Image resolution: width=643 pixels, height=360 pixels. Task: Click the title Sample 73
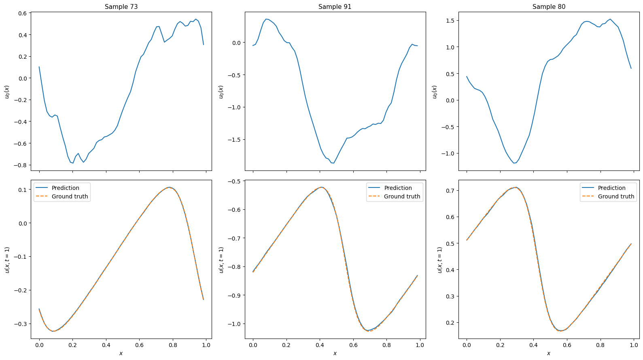[121, 6]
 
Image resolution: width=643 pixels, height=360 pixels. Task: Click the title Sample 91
[335, 6]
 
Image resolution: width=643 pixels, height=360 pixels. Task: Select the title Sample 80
[549, 6]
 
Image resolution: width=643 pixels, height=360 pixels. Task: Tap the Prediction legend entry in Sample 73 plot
[65, 188]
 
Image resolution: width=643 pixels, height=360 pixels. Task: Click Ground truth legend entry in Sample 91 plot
[402, 196]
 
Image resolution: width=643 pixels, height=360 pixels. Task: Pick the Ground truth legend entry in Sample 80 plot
[616, 196]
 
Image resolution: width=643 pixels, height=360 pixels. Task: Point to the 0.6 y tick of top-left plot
[22, 13]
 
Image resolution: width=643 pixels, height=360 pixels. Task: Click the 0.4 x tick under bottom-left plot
[106, 345]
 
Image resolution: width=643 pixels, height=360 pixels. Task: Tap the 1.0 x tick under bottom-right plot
[634, 345]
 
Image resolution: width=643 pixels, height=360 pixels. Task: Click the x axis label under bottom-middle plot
[335, 353]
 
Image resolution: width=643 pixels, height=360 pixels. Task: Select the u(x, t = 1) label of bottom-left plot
[7, 260]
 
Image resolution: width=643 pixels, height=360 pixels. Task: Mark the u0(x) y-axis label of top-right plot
[435, 92]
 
